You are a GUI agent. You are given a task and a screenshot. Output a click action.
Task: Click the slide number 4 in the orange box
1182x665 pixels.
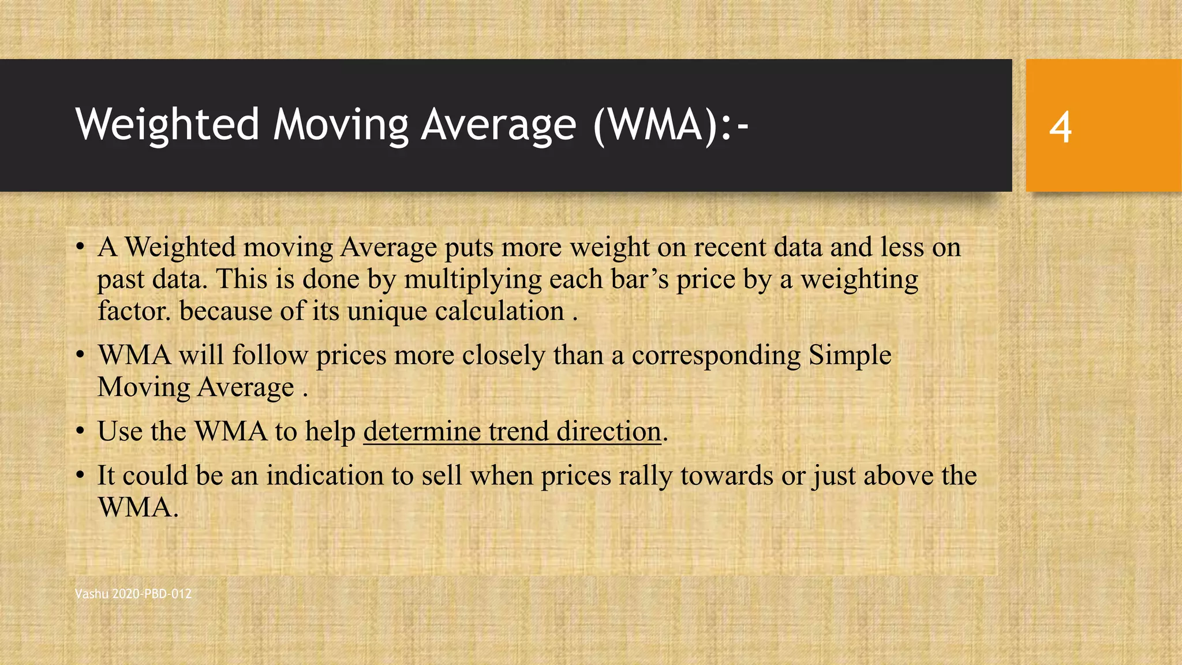coord(1060,127)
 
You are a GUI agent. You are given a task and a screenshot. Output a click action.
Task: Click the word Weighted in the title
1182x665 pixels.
coord(167,125)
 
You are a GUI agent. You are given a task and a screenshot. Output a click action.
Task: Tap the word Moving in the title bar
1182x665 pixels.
coord(341,125)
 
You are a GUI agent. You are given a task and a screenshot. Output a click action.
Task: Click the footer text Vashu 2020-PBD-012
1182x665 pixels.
coord(133,593)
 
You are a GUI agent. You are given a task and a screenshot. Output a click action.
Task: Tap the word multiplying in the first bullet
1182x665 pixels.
coord(473,279)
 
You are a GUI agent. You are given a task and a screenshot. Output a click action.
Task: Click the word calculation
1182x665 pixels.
coord(499,311)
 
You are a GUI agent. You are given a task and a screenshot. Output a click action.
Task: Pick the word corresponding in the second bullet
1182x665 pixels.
coord(716,355)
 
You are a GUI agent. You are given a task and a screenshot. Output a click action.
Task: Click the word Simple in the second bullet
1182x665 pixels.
coord(850,355)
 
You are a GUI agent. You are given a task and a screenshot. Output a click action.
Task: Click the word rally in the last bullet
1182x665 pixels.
coord(645,476)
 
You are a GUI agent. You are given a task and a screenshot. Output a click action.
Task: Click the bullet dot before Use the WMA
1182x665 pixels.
coord(81,432)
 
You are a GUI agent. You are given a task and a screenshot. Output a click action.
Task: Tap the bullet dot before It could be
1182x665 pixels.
coord(81,476)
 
